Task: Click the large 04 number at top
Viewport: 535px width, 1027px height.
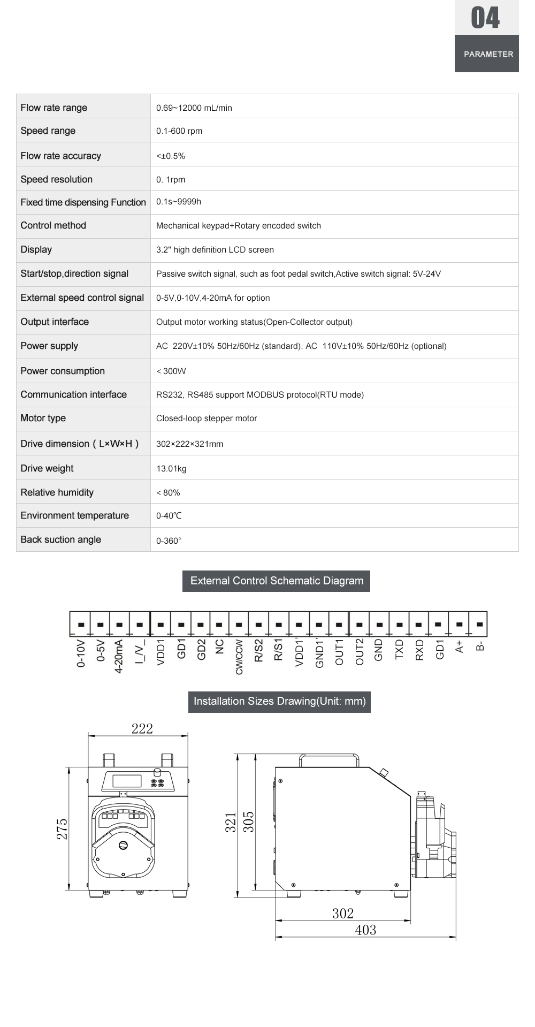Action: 486,18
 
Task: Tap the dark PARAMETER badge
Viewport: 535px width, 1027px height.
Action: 487,54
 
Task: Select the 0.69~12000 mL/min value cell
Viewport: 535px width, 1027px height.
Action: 194,108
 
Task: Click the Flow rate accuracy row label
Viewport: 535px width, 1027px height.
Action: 60,156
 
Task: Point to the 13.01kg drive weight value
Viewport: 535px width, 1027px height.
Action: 171,468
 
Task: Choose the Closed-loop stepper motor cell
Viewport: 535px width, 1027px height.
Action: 207,419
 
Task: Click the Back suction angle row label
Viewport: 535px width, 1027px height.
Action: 60,539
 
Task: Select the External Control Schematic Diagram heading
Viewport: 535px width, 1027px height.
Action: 277,581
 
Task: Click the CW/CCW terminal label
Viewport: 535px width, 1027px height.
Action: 239,657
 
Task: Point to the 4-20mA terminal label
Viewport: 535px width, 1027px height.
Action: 119,656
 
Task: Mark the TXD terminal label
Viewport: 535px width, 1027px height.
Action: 399,649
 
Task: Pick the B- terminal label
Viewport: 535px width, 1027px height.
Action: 480,646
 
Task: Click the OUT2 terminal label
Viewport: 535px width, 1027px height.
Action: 359,651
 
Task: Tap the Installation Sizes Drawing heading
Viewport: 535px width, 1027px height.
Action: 279,701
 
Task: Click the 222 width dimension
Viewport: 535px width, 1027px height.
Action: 142,728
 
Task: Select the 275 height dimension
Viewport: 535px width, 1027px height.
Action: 62,828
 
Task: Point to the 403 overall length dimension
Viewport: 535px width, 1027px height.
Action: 365,930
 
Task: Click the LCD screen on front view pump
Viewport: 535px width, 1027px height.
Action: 127,781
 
